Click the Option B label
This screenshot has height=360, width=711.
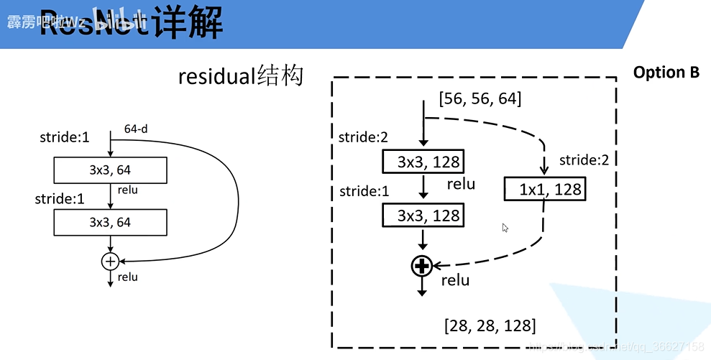[666, 73]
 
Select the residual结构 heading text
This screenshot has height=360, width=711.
[241, 75]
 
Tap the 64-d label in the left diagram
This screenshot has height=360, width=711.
[135, 130]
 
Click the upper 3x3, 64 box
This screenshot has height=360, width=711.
[110, 170]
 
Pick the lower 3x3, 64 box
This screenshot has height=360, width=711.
[110, 222]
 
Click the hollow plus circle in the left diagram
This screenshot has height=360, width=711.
[110, 262]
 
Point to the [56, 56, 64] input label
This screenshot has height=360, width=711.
[480, 98]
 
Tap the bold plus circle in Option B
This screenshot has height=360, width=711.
[421, 267]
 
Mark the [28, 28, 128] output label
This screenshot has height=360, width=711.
[490, 326]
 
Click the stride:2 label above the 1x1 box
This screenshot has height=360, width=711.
[584, 160]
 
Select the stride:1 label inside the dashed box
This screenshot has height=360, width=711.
[364, 191]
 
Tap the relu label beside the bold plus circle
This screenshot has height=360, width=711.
[455, 280]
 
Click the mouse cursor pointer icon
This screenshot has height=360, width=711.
[505, 228]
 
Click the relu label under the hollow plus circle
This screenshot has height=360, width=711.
[128, 277]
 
